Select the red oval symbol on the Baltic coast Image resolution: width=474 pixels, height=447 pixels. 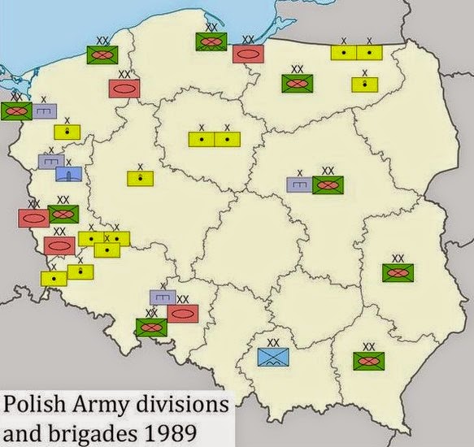pos(246,54)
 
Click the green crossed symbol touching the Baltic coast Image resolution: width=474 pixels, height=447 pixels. pos(211,41)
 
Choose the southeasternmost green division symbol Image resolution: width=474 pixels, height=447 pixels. pos(368,361)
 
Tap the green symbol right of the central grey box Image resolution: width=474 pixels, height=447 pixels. pos(328,184)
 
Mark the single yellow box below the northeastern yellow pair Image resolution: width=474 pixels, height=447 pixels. pos(364,84)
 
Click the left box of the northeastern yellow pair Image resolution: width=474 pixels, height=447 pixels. pos(343,52)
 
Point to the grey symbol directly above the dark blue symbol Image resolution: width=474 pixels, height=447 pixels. pos(51,160)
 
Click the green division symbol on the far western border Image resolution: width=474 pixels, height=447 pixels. pos(16,110)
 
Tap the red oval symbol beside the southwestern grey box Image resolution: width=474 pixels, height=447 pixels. pos(183,312)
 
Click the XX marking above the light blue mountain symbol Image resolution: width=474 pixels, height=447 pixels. pos(273,342)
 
